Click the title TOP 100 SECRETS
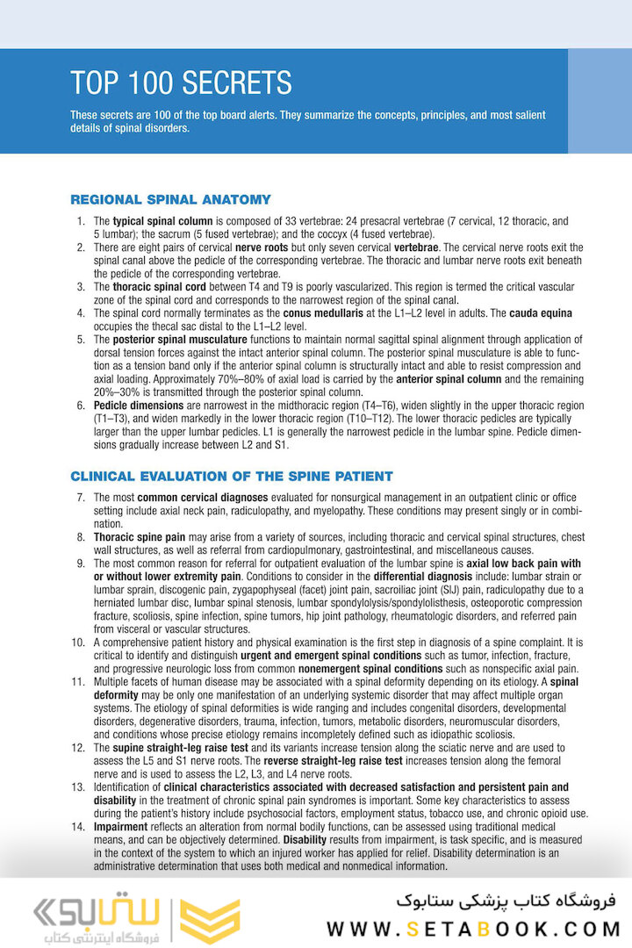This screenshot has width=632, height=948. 181,83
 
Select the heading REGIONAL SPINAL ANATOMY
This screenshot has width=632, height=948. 170,199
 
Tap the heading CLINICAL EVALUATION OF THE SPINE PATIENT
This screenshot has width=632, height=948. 231,477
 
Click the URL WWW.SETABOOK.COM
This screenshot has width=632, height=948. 473,929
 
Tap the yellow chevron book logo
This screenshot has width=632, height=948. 210,920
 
